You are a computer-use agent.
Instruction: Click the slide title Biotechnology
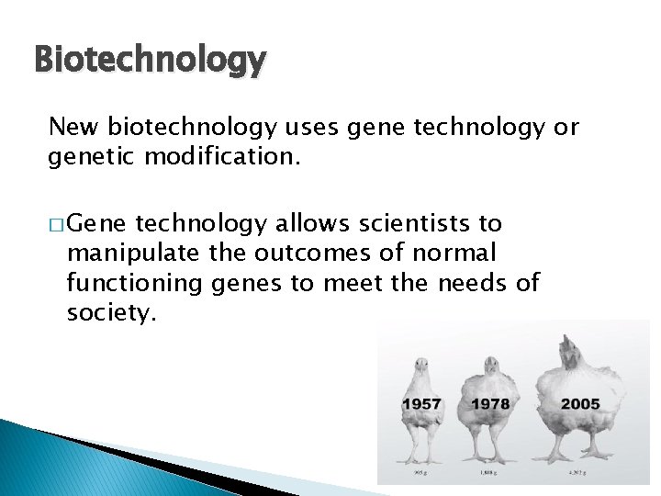click(150, 61)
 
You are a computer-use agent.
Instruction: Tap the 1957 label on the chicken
click(421, 403)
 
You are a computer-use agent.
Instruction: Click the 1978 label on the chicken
click(491, 403)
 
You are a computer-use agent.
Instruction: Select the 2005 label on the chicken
click(580, 403)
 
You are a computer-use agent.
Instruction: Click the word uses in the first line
click(316, 127)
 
